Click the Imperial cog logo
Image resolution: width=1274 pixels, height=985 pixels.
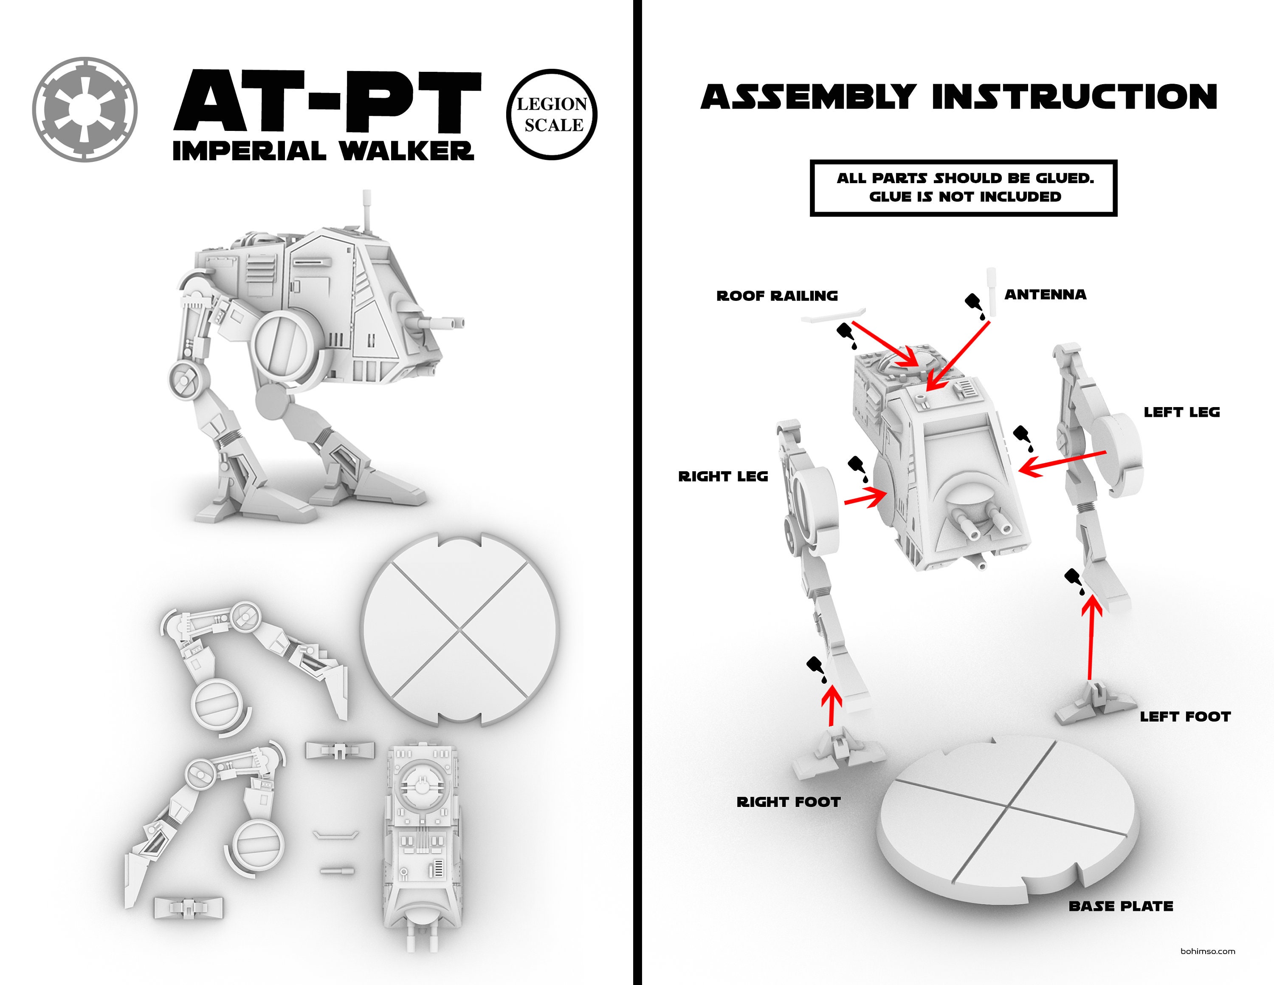(85, 110)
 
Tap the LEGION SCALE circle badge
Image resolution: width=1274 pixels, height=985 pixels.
(552, 114)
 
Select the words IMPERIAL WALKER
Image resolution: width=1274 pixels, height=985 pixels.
(323, 151)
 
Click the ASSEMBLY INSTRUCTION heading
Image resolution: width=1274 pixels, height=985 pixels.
(958, 97)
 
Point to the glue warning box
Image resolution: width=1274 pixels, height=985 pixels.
(963, 188)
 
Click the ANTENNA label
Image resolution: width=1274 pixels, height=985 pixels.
(1045, 294)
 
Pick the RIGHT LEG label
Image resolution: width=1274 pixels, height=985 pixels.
(723, 477)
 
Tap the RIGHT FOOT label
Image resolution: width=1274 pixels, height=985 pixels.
(788, 802)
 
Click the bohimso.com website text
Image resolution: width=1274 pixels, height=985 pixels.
(1207, 951)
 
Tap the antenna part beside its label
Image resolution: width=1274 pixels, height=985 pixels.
(991, 291)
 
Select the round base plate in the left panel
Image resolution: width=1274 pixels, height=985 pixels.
(460, 630)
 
